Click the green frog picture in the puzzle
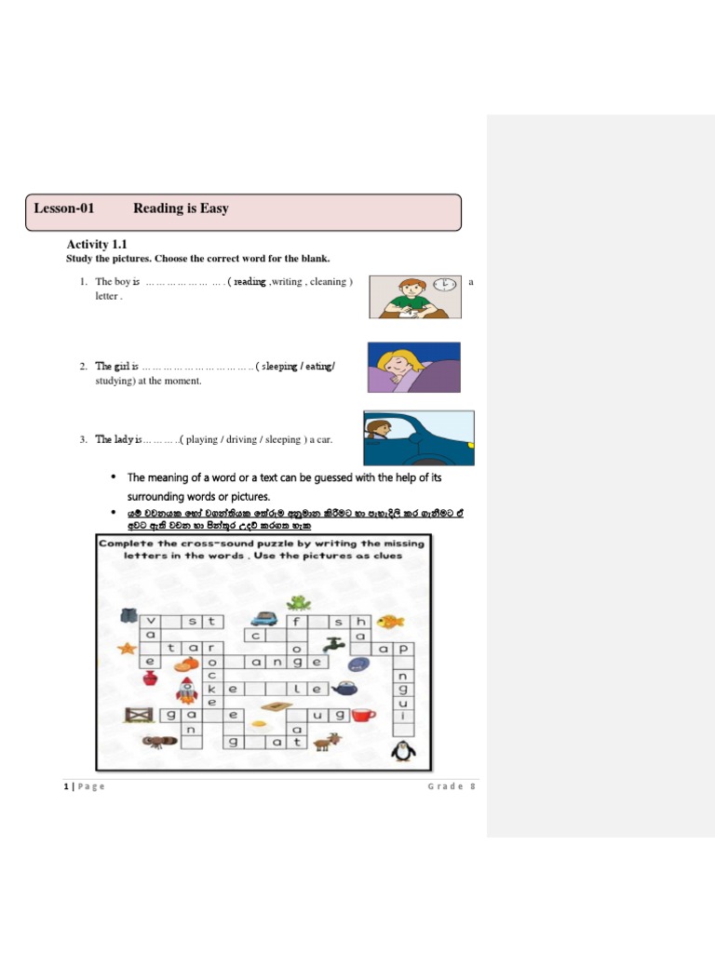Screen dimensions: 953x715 click(298, 602)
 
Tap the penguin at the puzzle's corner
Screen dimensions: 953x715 click(402, 749)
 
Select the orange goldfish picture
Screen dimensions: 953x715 click(390, 621)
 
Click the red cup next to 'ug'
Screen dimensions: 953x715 click(363, 715)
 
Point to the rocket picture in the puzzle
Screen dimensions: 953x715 click(186, 690)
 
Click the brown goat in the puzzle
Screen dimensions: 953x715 click(327, 742)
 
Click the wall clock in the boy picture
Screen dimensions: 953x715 click(447, 283)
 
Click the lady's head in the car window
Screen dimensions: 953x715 click(379, 429)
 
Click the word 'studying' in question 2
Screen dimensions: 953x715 click(115, 381)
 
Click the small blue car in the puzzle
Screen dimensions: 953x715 click(263, 616)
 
